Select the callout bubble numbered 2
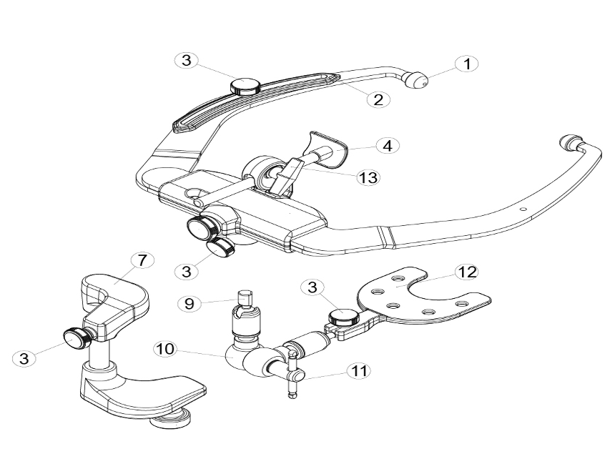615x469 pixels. click(x=378, y=99)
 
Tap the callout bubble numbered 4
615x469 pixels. click(x=388, y=145)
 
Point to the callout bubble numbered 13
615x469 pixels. click(x=368, y=177)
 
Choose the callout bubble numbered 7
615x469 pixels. click(x=142, y=260)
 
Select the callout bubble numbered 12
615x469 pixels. click(x=466, y=272)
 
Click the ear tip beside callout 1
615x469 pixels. click(x=415, y=79)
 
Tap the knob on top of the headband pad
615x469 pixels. click(x=245, y=87)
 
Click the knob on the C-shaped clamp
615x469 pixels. click(x=77, y=335)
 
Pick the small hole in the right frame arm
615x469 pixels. click(x=523, y=209)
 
